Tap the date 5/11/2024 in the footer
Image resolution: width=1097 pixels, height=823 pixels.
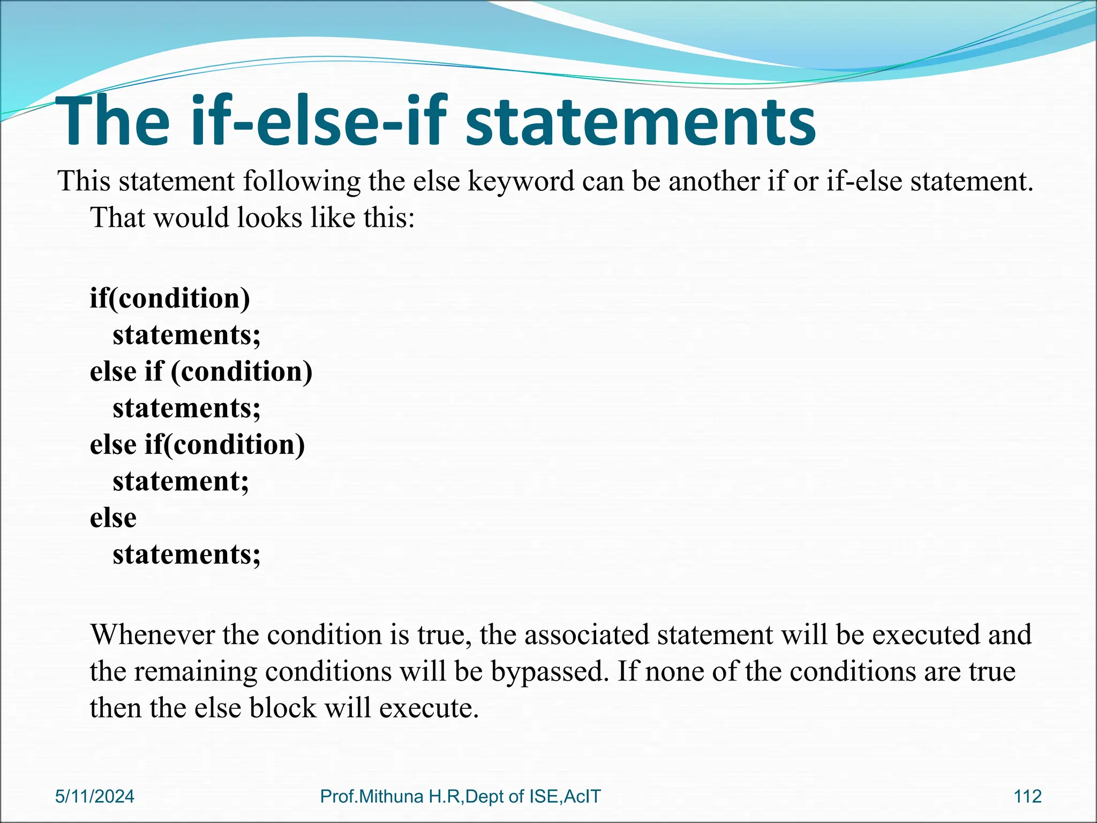point(95,796)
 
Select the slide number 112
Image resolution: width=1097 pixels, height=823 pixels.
point(1027,796)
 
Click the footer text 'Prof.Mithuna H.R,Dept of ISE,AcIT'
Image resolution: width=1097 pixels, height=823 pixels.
point(460,796)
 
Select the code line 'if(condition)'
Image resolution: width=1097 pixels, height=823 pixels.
point(170,298)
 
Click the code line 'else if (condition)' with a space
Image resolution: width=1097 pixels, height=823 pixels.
point(201,371)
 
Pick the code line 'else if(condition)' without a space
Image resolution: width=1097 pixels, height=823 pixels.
point(197,445)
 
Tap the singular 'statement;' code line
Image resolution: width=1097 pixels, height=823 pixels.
point(181,481)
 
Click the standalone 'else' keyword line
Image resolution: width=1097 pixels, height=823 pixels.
point(113,518)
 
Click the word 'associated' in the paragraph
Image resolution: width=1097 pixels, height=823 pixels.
point(587,635)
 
